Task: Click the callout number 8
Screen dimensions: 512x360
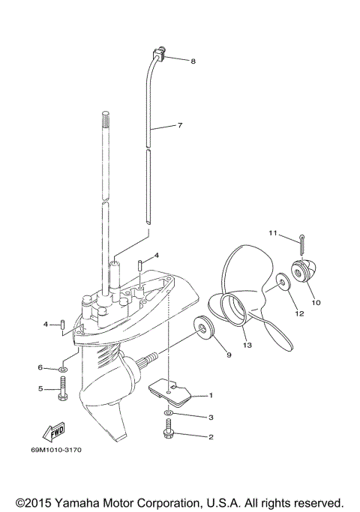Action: pos(193,61)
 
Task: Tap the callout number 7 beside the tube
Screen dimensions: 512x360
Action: pos(179,126)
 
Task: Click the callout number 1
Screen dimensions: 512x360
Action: pos(211,395)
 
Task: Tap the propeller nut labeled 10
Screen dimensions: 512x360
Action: pos(305,275)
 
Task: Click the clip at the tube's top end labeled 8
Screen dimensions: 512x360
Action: pos(159,52)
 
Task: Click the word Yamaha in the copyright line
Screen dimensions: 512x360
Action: pos(79,502)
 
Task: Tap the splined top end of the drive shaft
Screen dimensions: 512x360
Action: pos(104,120)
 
